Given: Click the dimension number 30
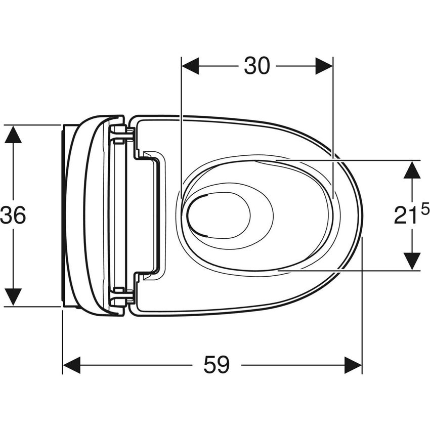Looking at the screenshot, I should tap(257, 66).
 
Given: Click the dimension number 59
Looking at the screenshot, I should tap(217, 365).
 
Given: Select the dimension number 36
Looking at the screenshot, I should tap(13, 216).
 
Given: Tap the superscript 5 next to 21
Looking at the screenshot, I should tap(424, 208).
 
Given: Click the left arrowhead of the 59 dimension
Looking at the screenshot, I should tap(71, 365).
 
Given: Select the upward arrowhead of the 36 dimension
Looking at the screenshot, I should tap(13, 134).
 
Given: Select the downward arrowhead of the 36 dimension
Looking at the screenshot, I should tap(13, 297).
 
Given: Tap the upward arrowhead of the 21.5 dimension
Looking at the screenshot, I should tap(412, 169).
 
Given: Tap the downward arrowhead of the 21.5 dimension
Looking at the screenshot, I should tap(412, 261).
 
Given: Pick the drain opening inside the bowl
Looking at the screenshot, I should tap(219, 215).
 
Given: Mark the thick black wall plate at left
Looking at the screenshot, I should tap(63, 215).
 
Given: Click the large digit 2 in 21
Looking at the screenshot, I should tap(401, 216).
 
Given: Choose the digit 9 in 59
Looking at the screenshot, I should tap(223, 365).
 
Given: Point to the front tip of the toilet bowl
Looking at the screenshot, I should tap(361, 215).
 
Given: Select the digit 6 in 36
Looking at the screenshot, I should tap(19, 216).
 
